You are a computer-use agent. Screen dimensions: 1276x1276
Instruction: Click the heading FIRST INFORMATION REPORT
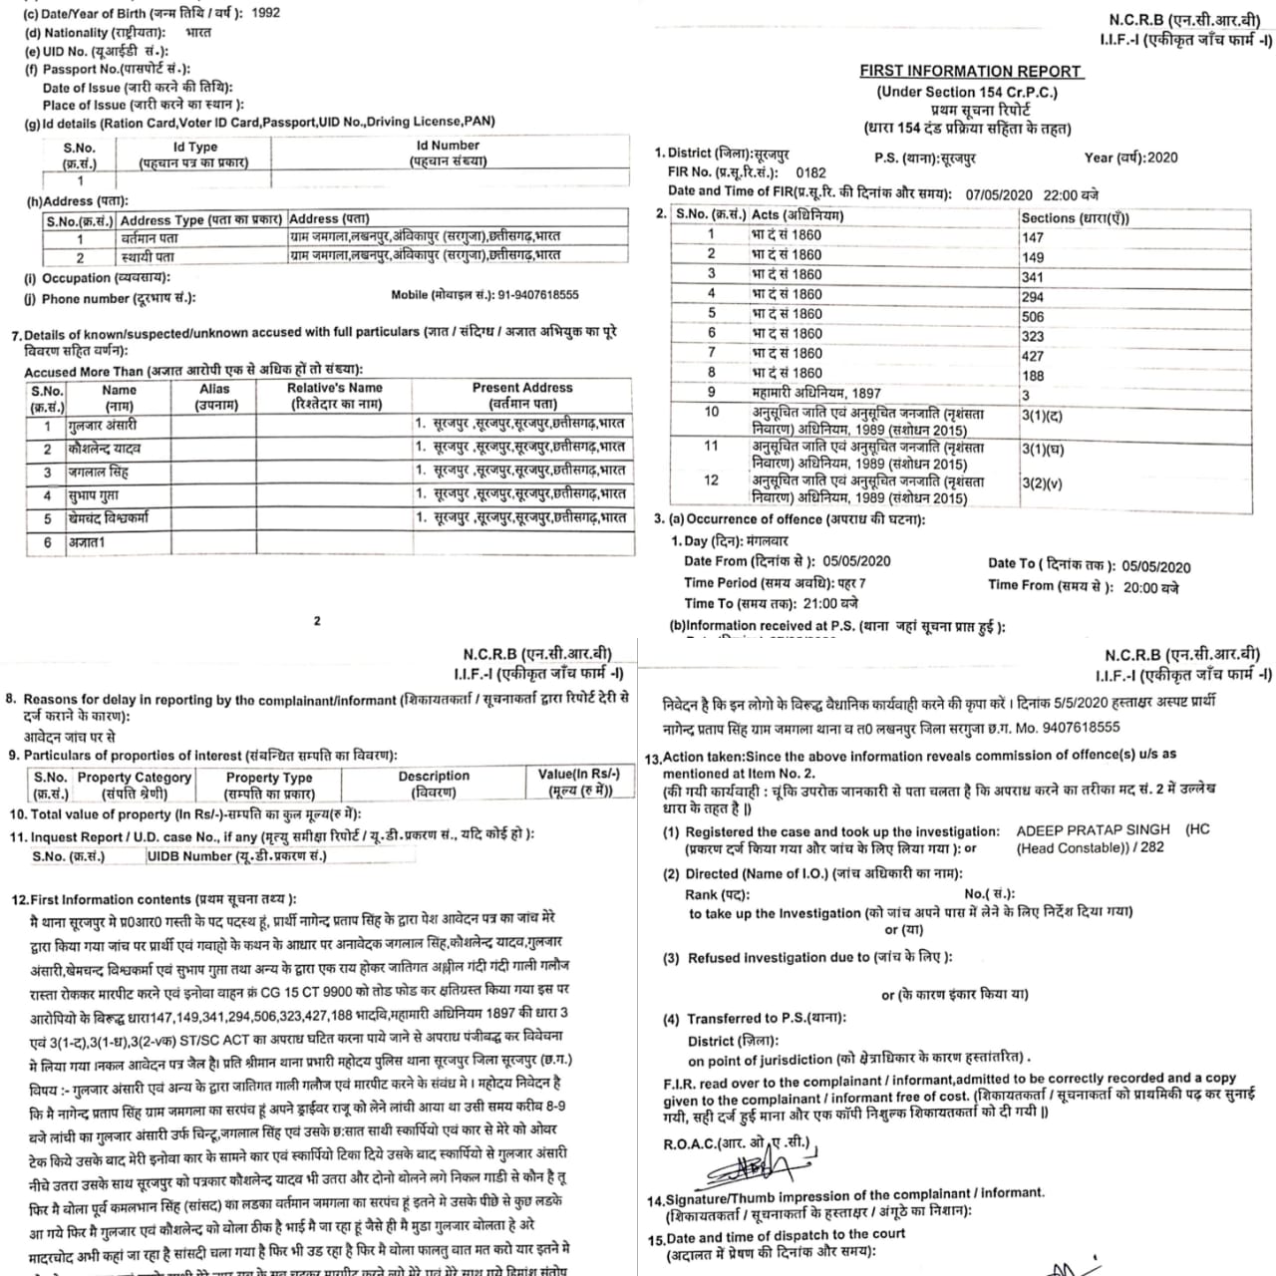coord(970,71)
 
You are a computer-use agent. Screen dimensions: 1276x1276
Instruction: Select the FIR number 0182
coord(811,172)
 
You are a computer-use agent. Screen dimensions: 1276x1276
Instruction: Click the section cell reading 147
coord(1033,237)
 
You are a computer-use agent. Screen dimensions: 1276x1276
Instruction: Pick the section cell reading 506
coord(1033,316)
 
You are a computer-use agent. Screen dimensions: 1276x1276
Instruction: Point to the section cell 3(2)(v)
coord(1042,483)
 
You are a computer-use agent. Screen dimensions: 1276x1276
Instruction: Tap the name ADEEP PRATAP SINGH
coord(1093,830)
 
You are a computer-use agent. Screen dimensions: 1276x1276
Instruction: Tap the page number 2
coord(317,620)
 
